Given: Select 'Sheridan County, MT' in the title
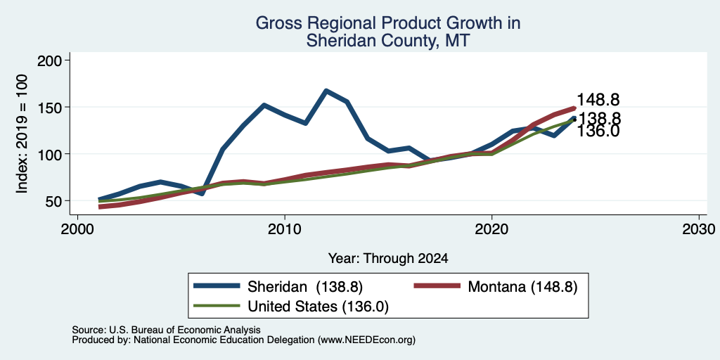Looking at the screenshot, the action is pos(388,40).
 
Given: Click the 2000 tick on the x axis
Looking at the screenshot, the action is pos(77,228).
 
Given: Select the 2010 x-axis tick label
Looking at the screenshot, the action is pos(285,228).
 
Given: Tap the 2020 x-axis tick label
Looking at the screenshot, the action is pos(491,228).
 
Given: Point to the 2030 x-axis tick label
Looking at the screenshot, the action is pos(699,228).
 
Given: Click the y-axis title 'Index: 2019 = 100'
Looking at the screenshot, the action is pos(22,134).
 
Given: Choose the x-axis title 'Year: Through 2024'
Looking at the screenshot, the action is pos(388,259).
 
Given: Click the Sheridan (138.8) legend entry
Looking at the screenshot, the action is pos(278,287).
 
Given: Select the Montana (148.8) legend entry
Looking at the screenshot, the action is pos(496,287).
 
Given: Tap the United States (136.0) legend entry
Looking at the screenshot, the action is pos(291,307).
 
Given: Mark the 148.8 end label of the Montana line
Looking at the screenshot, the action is pos(598,100).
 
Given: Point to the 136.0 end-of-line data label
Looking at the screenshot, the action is pos(598,131).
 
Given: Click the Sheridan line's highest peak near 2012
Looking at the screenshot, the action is pos(326,91).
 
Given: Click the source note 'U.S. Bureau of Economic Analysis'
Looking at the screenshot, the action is pos(185,330).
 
